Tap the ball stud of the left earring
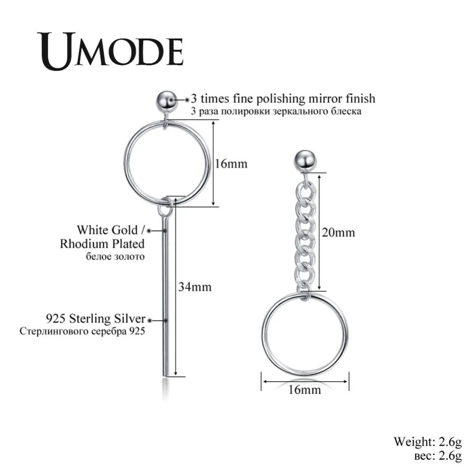pyautogui.click(x=166, y=100)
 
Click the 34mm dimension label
pyautogui.click(x=194, y=286)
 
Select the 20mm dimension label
pyautogui.click(x=338, y=232)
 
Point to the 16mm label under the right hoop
pyautogui.click(x=305, y=390)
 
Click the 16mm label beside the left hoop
pyautogui.click(x=231, y=164)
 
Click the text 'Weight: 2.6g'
pyautogui.click(x=428, y=441)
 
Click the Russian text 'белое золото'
pyautogui.click(x=115, y=257)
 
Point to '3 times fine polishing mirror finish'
pyautogui.click(x=283, y=99)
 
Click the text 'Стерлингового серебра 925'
pyautogui.click(x=82, y=331)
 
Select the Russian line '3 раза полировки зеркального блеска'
pyautogui.click(x=276, y=111)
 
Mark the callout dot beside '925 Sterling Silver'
pyautogui.click(x=150, y=320)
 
